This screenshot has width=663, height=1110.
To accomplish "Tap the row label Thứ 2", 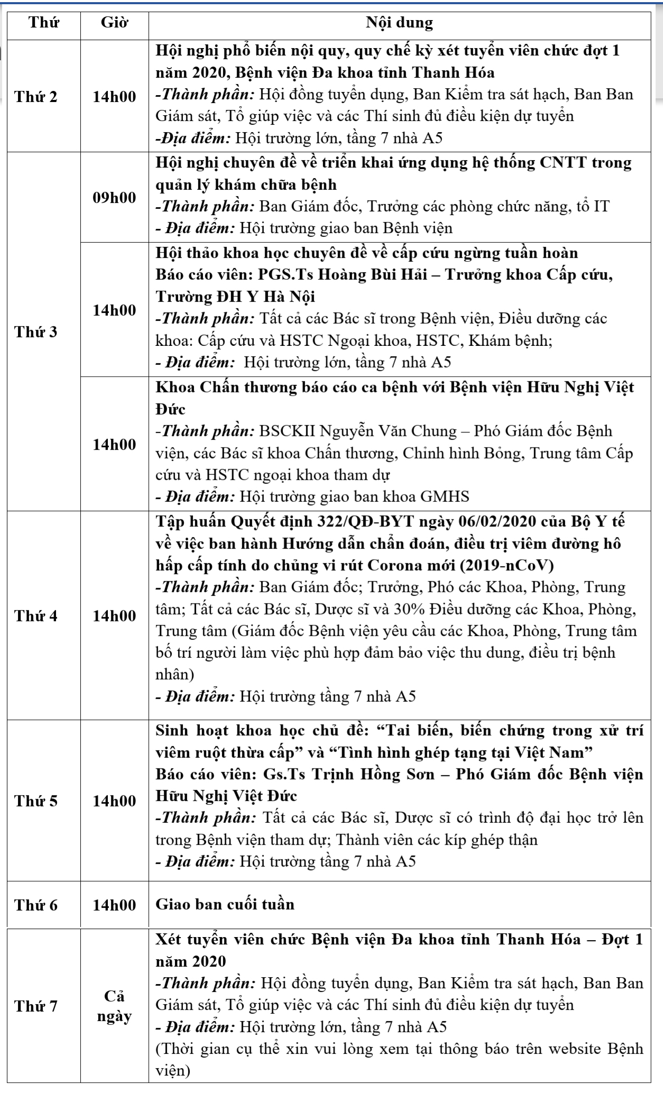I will (36, 97).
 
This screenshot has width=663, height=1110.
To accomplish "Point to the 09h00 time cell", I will (114, 198).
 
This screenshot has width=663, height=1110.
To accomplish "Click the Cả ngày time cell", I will (114, 1006).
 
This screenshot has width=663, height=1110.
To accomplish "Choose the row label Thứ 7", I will (36, 1006).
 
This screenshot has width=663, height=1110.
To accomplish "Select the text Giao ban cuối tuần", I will (225, 904).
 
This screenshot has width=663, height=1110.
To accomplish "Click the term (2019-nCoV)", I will (507, 565).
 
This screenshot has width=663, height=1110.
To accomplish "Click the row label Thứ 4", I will (36, 616).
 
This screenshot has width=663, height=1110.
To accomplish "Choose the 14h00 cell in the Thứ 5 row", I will (114, 801).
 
